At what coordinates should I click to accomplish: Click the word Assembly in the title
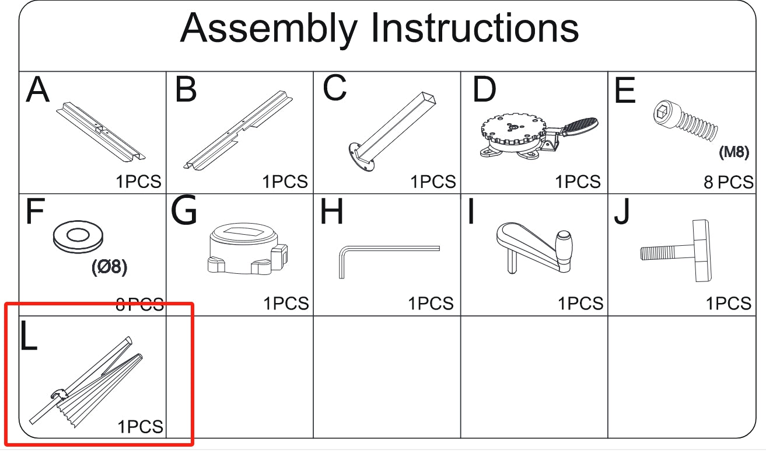coord(269,29)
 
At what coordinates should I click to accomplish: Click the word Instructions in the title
coord(475,27)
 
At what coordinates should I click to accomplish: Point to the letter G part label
coord(184,210)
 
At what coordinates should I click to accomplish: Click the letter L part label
coord(29,336)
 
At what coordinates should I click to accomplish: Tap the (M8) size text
coord(734,152)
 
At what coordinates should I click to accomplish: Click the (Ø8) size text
coord(110,267)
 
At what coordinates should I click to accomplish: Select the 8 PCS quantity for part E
coord(729,182)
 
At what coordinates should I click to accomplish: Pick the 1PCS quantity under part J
coord(729,304)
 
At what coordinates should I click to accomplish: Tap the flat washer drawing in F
coord(78,236)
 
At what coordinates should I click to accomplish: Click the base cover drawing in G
coord(247,249)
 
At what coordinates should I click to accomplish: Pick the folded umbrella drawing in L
coord(86,382)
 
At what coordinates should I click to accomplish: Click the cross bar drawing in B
coord(238,130)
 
